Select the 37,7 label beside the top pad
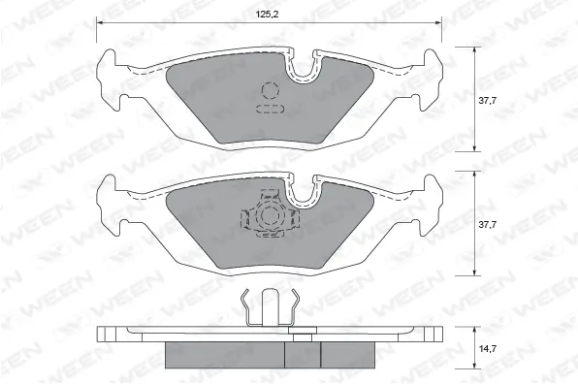[x=487, y=99]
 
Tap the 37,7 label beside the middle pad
[x=487, y=225]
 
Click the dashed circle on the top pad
[x=270, y=93]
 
